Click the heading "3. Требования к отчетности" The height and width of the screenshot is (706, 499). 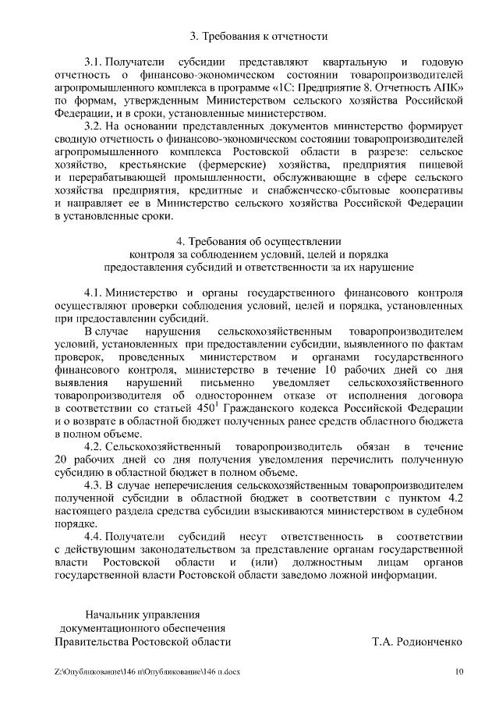(x=259, y=36)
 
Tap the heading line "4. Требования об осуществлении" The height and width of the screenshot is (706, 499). (x=259, y=241)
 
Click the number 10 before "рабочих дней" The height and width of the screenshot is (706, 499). (x=330, y=370)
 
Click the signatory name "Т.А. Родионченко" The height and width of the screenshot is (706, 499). (x=419, y=642)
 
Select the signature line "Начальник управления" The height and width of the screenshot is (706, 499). (x=143, y=614)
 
